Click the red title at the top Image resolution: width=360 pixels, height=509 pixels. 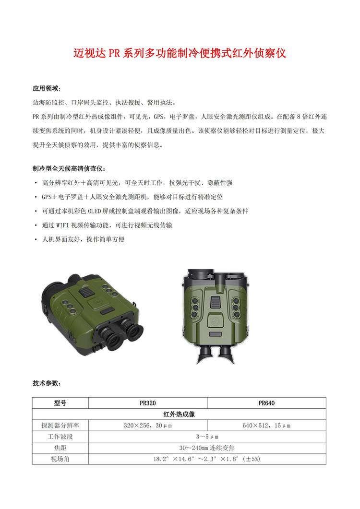tap(180, 53)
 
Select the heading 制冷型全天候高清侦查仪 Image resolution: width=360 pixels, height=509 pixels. tap(67, 169)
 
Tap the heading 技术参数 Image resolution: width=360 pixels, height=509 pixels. tap(47, 383)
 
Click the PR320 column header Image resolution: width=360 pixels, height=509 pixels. tap(148, 403)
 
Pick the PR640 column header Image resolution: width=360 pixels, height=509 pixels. tap(266, 403)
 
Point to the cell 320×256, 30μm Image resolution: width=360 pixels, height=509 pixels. tap(148, 426)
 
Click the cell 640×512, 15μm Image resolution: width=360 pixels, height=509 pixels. tap(266, 426)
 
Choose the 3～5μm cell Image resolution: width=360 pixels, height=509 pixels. tap(207, 437)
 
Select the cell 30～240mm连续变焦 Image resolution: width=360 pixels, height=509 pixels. tap(207, 448)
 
